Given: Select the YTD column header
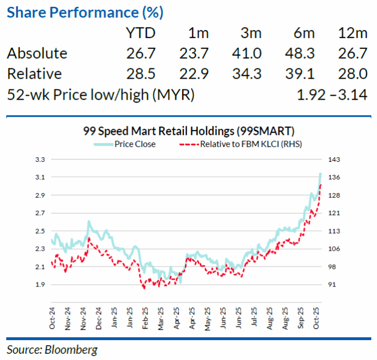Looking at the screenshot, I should point(140,32).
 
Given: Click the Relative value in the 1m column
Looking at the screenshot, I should point(194,74).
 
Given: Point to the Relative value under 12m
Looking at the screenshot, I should point(351,74).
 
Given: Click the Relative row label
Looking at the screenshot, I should point(34,74).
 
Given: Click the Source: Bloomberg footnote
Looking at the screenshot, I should point(52,349).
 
